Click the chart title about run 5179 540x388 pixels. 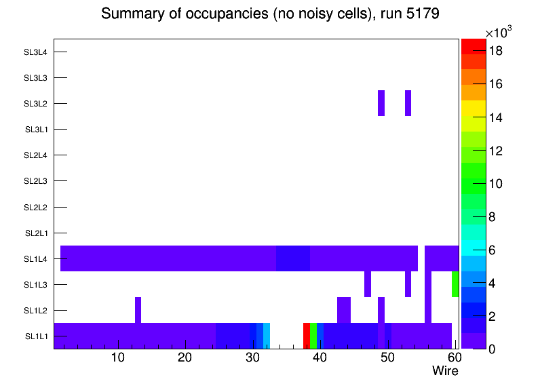click(x=270, y=14)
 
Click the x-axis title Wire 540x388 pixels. click(x=445, y=371)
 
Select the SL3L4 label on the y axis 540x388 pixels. click(x=35, y=52)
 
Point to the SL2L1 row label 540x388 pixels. click(x=35, y=233)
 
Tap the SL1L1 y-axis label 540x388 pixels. click(x=37, y=336)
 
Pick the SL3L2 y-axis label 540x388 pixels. click(x=35, y=104)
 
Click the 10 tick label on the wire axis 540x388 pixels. click(x=117, y=358)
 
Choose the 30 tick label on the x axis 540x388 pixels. click(x=252, y=358)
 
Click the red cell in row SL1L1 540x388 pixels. click(x=307, y=336)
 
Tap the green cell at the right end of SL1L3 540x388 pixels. click(x=455, y=284)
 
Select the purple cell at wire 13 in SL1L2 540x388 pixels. click(x=138, y=310)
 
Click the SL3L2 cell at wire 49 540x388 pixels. click(x=381, y=103)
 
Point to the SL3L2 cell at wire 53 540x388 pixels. click(x=408, y=103)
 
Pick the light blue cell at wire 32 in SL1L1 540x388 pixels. click(x=267, y=336)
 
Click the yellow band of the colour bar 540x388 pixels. click(x=474, y=109)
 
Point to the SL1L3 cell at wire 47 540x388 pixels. click(x=368, y=284)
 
